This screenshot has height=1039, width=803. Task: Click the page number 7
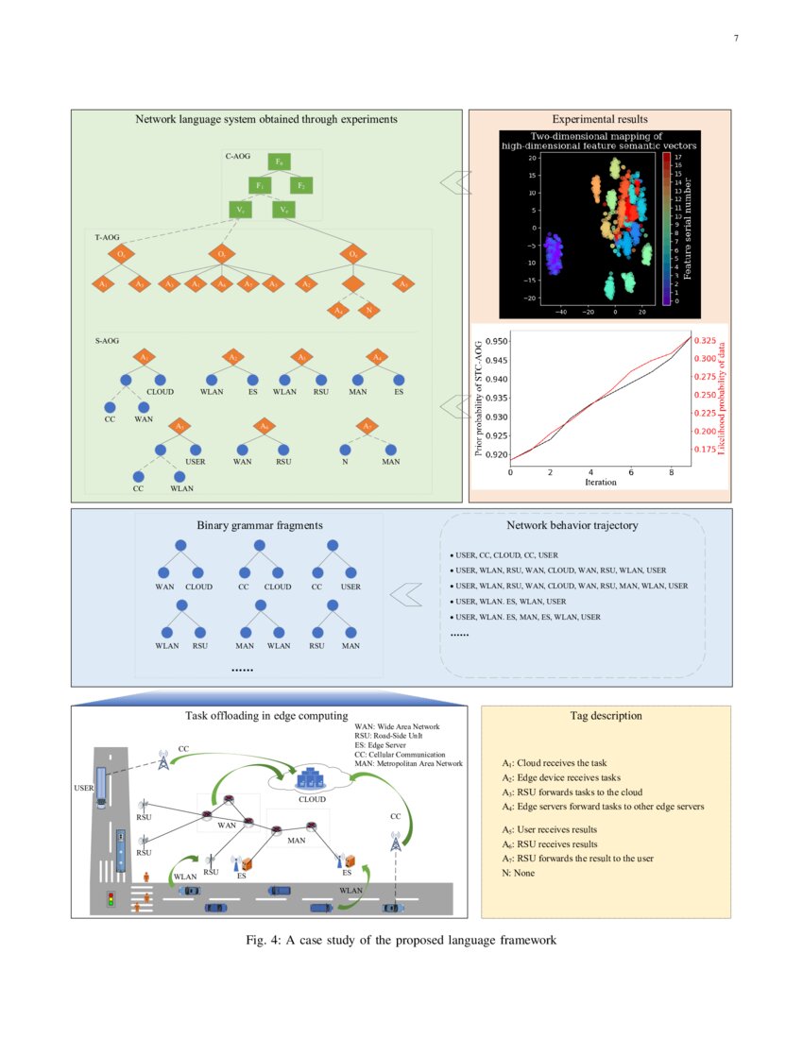[735, 39]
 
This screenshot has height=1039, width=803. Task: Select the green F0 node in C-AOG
[279, 162]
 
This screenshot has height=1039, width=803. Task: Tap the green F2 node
[301, 185]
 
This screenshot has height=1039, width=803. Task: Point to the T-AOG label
[107, 239]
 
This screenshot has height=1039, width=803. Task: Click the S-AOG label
[107, 338]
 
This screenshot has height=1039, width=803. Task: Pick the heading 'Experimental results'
[600, 120]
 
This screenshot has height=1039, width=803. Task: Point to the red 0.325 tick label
[705, 339]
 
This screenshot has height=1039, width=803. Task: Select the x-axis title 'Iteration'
[600, 482]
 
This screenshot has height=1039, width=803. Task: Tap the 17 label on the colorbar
[677, 158]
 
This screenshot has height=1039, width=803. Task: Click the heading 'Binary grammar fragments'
[258, 525]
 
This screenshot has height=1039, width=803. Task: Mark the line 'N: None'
[519, 874]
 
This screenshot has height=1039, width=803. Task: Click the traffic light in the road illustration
[111, 899]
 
